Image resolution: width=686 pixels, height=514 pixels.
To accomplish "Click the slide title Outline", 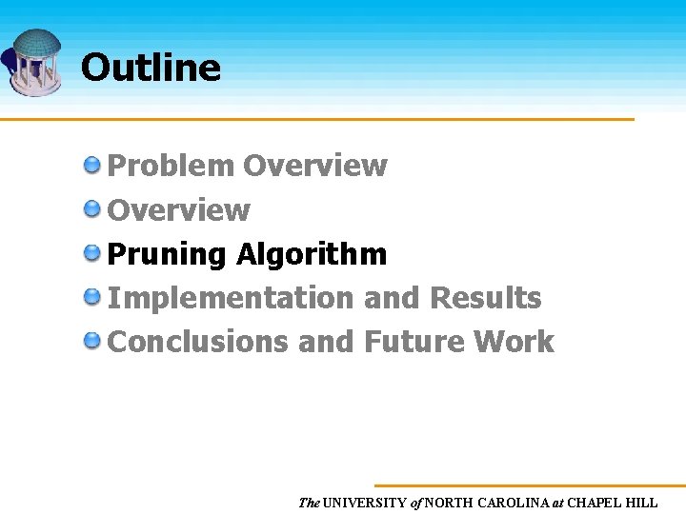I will pyautogui.click(x=151, y=68).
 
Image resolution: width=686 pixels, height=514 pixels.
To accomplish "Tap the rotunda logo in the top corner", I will pyautogui.click(x=34, y=63).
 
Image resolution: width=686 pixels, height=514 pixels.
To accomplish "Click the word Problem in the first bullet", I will pyautogui.click(x=171, y=166).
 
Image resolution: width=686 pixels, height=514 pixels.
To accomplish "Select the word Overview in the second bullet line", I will pyautogui.click(x=179, y=209).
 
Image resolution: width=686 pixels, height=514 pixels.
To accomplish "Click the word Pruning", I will pyautogui.click(x=167, y=254).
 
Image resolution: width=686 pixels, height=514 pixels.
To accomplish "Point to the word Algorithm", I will pyautogui.click(x=312, y=254).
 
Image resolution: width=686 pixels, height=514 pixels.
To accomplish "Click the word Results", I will pyautogui.click(x=486, y=298).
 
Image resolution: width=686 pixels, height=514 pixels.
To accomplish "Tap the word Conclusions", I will pyautogui.click(x=198, y=342).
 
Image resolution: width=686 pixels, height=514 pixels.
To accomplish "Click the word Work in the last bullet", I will pyautogui.click(x=520, y=342).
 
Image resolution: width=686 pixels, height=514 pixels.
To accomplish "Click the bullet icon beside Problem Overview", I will pyautogui.click(x=92, y=165).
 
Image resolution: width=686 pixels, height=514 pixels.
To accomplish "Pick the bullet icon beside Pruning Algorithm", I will pyautogui.click(x=92, y=253).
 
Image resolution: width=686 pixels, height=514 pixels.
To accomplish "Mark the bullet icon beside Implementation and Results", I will pyautogui.click(x=92, y=297).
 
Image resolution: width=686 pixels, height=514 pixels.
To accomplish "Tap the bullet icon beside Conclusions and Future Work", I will pyautogui.click(x=92, y=341).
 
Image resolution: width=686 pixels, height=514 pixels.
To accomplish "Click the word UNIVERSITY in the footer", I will pyautogui.click(x=365, y=503).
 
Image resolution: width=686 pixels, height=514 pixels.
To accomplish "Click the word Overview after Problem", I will pyautogui.click(x=315, y=166).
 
